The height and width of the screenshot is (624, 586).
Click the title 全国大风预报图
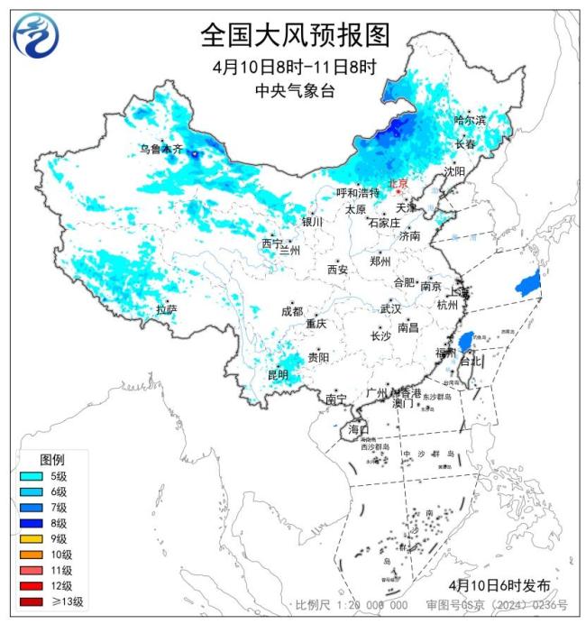coord(295,35)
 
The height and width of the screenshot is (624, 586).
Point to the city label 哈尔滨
coord(470,120)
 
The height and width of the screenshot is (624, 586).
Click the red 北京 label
coord(398,183)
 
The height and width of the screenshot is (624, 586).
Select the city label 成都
coord(292,311)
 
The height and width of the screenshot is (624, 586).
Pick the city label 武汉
coord(390,308)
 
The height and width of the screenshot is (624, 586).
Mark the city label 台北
coord(471,362)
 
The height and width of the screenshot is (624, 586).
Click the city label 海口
coord(358,429)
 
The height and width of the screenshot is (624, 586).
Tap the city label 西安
coord(337,269)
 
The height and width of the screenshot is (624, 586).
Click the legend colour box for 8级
coord(31,522)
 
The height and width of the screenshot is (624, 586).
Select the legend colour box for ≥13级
coord(31,601)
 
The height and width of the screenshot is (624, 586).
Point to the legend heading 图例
coord(52,460)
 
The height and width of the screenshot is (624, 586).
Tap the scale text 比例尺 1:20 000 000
coord(353,605)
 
